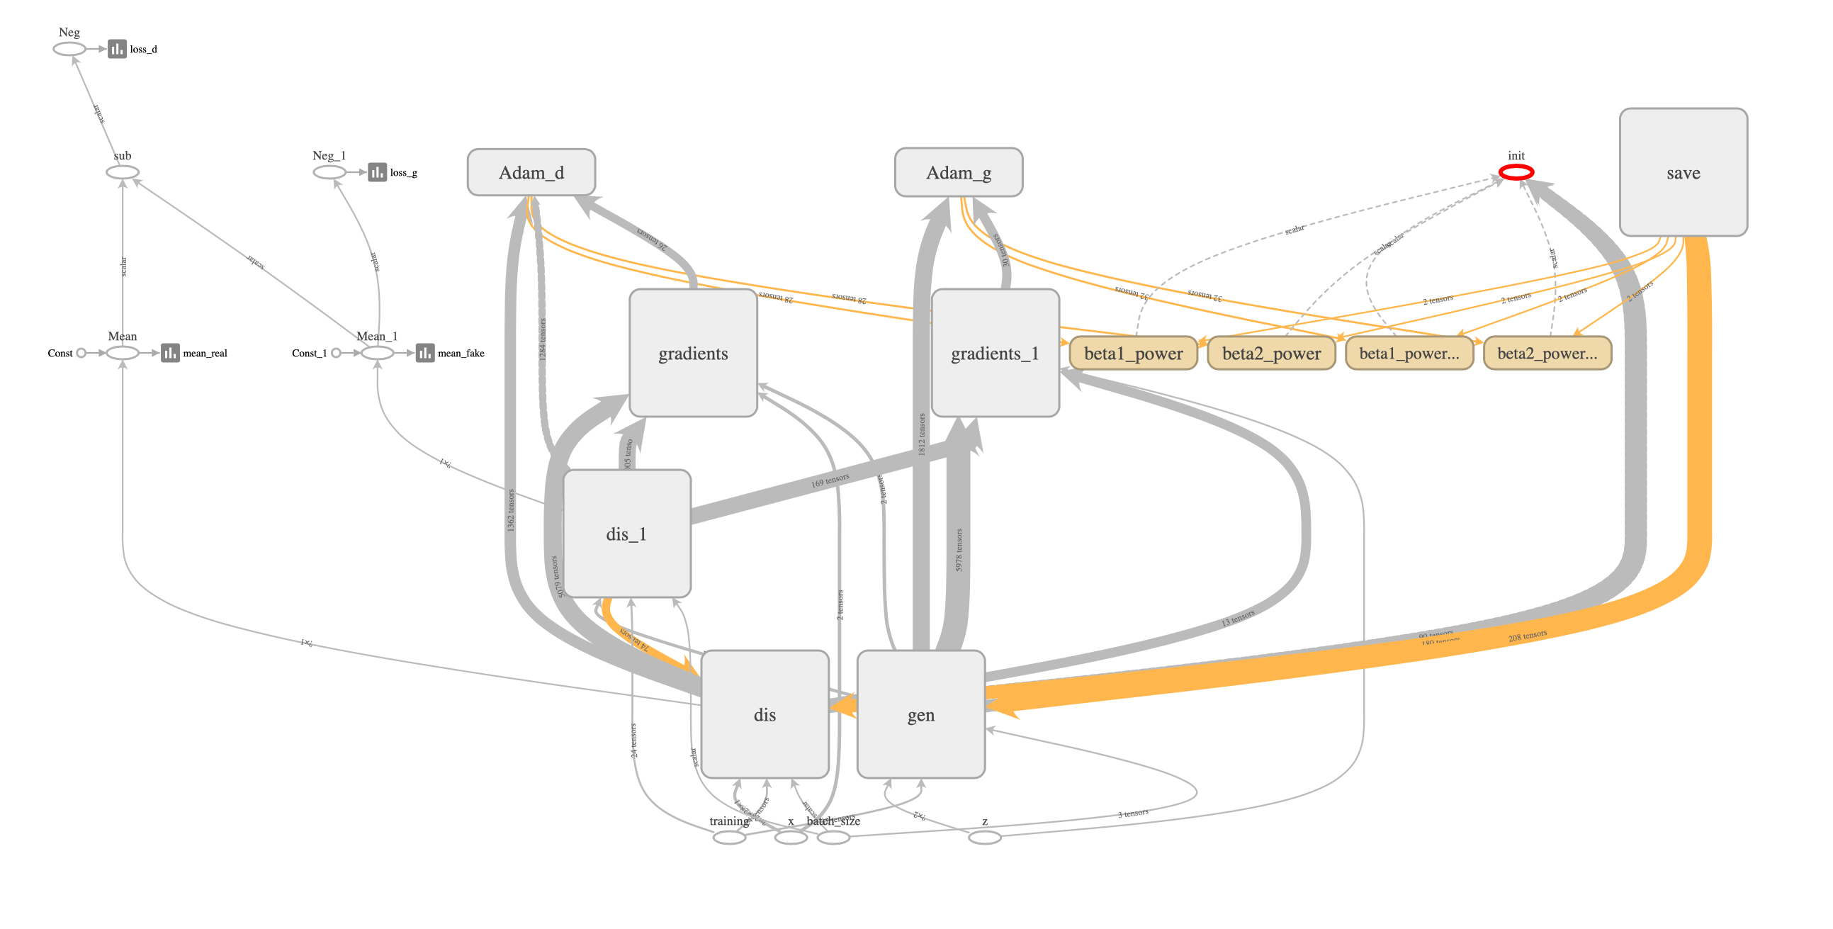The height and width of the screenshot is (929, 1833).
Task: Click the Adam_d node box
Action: coord(531,172)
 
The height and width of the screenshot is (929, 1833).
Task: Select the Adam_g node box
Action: coord(958,172)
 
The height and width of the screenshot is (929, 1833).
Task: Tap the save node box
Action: coord(1683,172)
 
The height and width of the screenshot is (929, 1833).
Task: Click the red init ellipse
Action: coord(1516,171)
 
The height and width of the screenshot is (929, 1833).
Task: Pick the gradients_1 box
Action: coord(995,353)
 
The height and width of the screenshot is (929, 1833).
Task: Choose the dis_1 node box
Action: coord(626,533)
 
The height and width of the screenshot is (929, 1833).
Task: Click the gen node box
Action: coord(921,714)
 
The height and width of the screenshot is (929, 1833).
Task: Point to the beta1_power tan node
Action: coord(1133,353)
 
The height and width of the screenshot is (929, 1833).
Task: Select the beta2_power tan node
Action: coord(1271,353)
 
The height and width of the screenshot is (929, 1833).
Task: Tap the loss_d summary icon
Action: coord(117,49)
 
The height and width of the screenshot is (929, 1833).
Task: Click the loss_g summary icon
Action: coord(377,172)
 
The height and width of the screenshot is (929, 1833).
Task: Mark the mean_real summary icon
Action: coord(170,353)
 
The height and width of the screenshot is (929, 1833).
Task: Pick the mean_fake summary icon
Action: coord(425,353)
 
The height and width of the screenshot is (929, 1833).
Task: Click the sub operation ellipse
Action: coord(123,172)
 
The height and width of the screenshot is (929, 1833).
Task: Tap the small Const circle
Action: coord(81,353)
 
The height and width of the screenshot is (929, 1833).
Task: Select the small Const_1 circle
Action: coord(336,353)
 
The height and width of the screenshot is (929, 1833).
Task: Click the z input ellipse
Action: coord(985,837)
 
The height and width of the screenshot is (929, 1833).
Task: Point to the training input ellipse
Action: coord(729,837)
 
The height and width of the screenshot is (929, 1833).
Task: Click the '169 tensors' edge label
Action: coord(830,480)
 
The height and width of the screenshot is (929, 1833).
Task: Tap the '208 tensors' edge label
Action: coord(1527,636)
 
